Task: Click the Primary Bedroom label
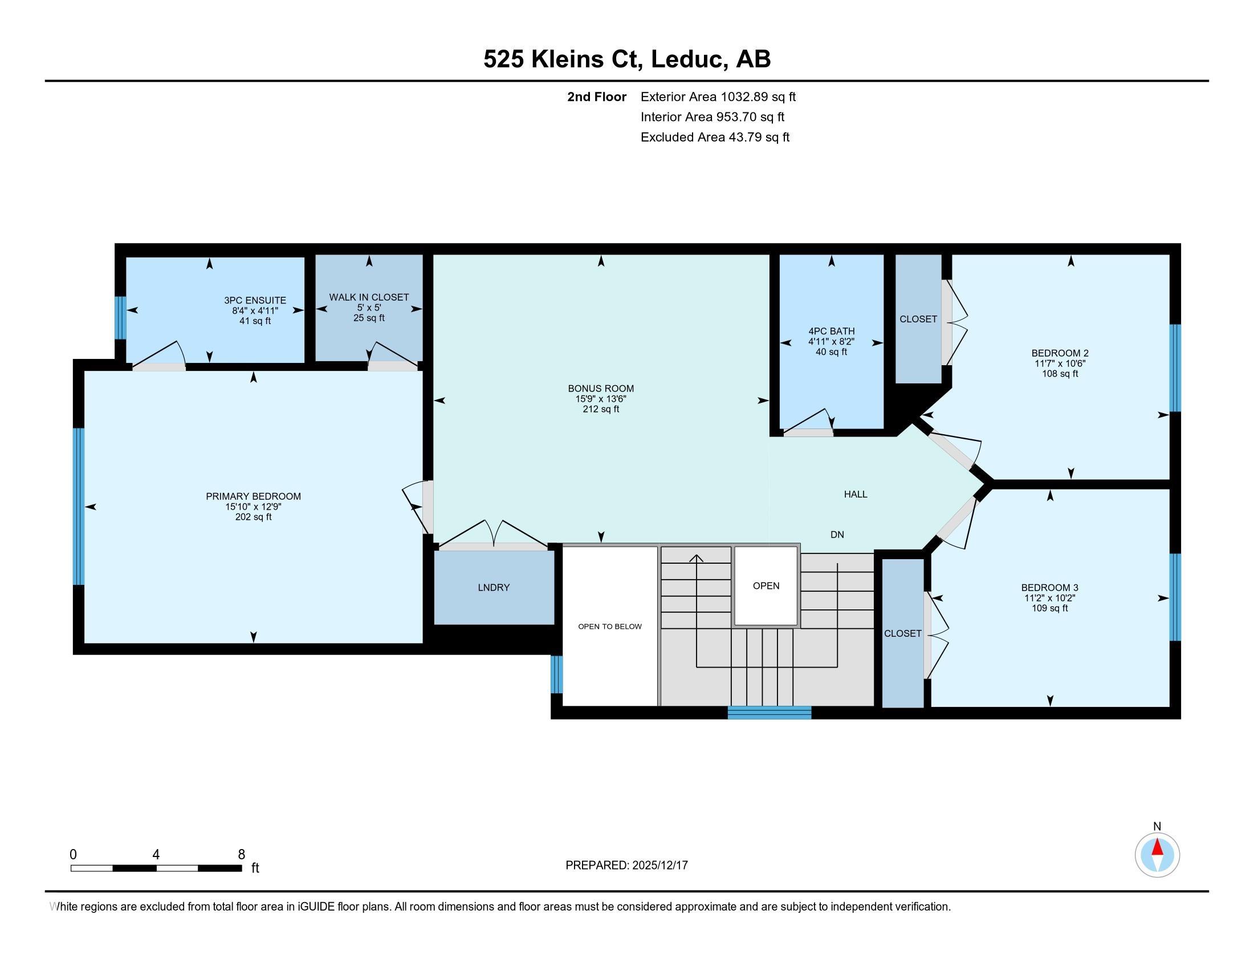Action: pos(253,496)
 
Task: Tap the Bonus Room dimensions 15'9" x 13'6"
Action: pos(601,399)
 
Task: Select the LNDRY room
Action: pos(494,587)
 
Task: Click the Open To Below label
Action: pos(610,627)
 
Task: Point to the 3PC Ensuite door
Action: pos(159,366)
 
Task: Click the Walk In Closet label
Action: pos(369,297)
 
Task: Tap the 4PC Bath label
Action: pos(832,331)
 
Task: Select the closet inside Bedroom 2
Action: pos(918,319)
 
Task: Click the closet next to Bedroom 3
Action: pos(903,633)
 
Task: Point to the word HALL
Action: pos(856,494)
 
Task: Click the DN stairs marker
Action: pos(837,535)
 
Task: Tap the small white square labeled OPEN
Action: pos(766,585)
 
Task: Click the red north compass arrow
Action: pos(1158,848)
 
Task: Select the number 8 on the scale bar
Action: pos(241,855)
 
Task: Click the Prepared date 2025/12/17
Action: pos(659,866)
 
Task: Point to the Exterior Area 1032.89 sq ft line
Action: pos(718,97)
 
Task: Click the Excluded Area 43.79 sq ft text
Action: pos(715,138)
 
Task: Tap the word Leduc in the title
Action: pos(686,59)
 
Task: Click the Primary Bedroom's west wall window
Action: pos(79,506)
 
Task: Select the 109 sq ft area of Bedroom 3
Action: pos(1049,608)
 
